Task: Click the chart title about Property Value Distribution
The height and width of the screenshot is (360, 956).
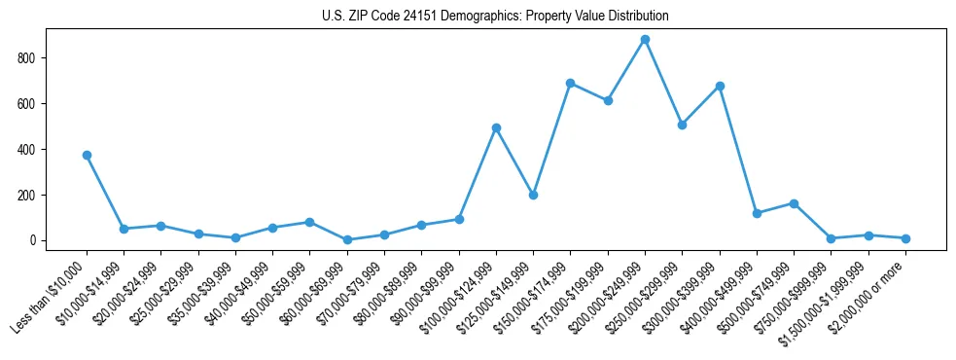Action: click(x=495, y=17)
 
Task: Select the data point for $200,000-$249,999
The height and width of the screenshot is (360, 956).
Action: click(x=645, y=40)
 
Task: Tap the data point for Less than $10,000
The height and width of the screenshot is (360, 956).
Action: click(x=87, y=155)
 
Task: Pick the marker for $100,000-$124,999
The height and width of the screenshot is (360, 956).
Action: click(x=496, y=127)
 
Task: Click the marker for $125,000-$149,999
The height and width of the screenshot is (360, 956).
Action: click(x=533, y=195)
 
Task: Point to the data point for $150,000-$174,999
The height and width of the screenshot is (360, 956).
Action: click(x=570, y=83)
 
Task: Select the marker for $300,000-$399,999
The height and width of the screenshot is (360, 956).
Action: click(x=720, y=86)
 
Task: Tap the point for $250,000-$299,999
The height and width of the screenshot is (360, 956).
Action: click(x=682, y=125)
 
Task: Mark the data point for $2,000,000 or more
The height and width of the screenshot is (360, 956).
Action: click(x=905, y=238)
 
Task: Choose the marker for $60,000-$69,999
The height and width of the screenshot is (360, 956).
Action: click(x=347, y=239)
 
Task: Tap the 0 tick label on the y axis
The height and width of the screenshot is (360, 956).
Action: click(x=33, y=240)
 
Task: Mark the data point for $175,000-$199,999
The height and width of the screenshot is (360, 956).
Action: click(x=608, y=100)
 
